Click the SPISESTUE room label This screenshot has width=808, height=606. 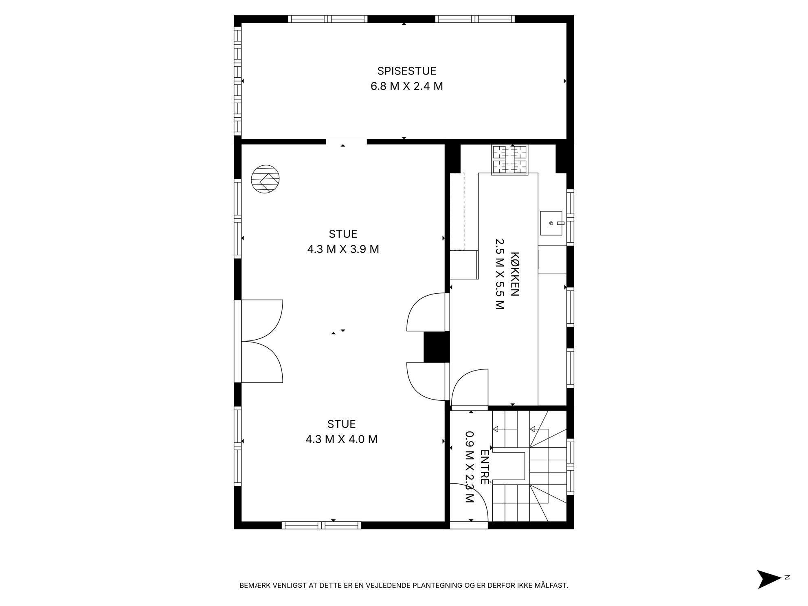pos(406,71)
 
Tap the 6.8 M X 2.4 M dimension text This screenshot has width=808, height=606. pos(406,86)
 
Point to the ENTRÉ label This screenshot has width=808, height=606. pos(484,467)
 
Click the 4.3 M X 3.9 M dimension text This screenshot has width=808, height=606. pos(343,249)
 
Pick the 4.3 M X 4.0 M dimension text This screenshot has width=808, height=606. pos(341,439)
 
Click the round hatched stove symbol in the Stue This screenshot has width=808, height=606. pos(265,179)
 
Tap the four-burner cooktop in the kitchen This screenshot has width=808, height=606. pos(510,160)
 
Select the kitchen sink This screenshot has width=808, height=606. pos(551,223)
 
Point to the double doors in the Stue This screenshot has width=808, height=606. pos(259,341)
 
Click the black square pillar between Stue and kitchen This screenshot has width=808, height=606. pos(436,347)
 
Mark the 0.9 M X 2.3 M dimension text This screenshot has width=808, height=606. pos(469,467)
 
